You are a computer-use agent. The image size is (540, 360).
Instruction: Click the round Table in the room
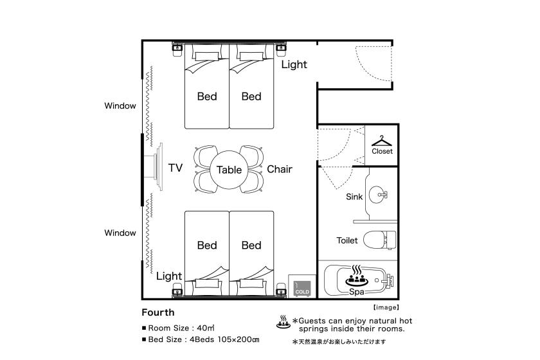tap(229, 170)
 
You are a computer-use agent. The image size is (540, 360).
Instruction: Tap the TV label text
tap(175, 168)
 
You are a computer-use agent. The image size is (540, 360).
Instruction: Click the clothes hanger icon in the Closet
tap(382, 141)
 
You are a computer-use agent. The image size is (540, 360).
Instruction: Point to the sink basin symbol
tap(378, 195)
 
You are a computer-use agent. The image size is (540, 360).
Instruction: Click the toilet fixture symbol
tap(379, 240)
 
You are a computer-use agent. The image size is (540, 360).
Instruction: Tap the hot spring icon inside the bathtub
tap(356, 276)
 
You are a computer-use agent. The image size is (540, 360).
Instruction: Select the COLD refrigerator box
tap(302, 286)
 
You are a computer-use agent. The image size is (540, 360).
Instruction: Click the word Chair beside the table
tap(280, 169)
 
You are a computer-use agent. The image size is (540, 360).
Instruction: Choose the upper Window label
tap(120, 106)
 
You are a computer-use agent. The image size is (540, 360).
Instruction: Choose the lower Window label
tap(120, 233)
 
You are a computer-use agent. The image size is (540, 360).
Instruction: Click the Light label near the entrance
tap(294, 64)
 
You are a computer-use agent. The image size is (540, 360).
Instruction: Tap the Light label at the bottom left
tap(168, 276)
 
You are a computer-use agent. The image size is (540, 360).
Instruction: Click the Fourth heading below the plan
tap(158, 312)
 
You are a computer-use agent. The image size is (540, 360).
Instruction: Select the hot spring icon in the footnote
tap(283, 322)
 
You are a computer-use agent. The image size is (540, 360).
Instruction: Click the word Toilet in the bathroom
tap(347, 240)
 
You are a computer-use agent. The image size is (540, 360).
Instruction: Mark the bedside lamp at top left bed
tap(177, 49)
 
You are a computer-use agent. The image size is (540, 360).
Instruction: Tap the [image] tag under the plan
tap(386, 307)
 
